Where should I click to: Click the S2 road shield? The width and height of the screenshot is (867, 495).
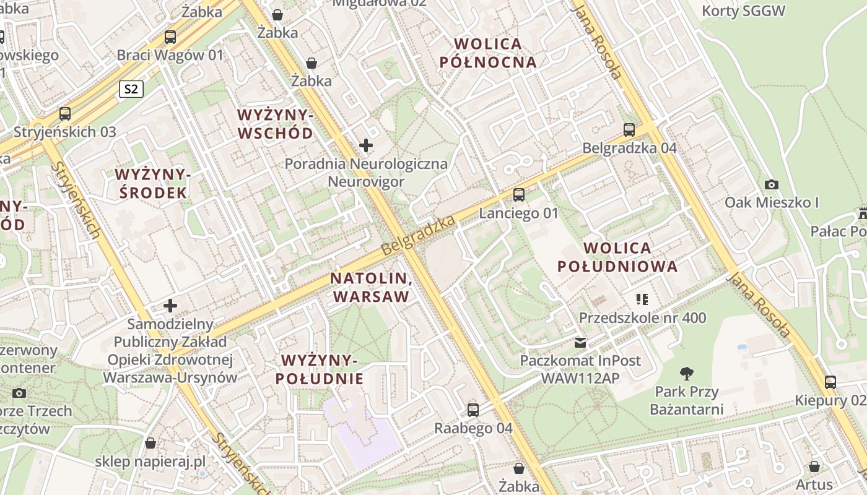[x=131, y=89]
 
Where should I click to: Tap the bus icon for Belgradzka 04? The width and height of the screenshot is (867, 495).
[x=629, y=130]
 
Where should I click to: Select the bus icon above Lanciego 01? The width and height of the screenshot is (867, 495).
[x=519, y=195]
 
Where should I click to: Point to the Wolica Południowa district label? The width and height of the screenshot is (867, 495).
[x=617, y=257]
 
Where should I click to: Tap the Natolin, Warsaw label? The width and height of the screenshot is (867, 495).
[x=372, y=287]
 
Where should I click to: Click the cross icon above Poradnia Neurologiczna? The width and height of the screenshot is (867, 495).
[x=366, y=146]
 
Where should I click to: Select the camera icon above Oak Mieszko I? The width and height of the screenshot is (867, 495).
[x=772, y=184]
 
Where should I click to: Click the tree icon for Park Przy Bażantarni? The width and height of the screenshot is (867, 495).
[x=686, y=373]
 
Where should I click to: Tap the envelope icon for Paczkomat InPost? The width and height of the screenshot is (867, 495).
[x=580, y=342]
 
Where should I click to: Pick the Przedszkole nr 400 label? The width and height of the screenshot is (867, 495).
[x=642, y=318]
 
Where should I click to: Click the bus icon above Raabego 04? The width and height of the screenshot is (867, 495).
[x=473, y=410]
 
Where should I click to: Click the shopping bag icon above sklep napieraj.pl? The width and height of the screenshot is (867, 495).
[x=150, y=443]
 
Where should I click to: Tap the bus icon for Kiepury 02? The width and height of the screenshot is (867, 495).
[x=830, y=382]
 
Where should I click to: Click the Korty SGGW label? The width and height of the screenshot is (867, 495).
[x=743, y=11]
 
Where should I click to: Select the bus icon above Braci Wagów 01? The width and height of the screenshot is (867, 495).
[x=170, y=37]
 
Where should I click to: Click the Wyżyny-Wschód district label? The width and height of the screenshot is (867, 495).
[x=276, y=124]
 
